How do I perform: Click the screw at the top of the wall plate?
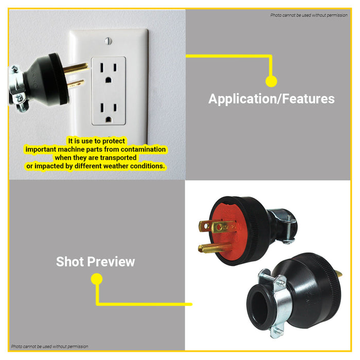click(x=108, y=41)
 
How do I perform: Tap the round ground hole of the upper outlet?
click(x=109, y=80)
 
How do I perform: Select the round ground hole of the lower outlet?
click(x=109, y=119)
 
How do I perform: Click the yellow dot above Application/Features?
click(x=271, y=81)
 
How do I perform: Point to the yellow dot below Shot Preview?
click(x=97, y=279)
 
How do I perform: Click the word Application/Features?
click(x=272, y=99)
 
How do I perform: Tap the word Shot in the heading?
click(x=70, y=261)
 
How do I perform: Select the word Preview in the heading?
click(x=111, y=261)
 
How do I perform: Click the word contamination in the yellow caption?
click(x=143, y=149)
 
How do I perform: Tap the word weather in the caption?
click(x=116, y=166)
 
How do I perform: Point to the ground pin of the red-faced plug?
click(x=214, y=248)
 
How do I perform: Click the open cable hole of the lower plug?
click(x=259, y=308)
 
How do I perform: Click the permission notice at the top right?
click(x=309, y=15)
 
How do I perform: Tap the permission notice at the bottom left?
click(x=49, y=347)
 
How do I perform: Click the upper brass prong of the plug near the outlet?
click(x=76, y=68)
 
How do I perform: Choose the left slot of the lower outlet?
click(x=102, y=107)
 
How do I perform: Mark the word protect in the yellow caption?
click(x=114, y=141)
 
